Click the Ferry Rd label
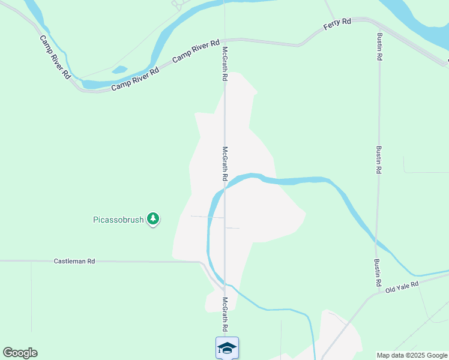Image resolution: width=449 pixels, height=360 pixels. (337, 22)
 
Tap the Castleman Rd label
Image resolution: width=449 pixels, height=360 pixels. (74, 261)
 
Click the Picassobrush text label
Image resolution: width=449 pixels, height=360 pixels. (118, 220)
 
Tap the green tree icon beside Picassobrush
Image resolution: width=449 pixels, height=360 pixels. (154, 218)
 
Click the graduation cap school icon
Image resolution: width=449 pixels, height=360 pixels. (227, 348)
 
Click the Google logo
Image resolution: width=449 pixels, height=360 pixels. (20, 353)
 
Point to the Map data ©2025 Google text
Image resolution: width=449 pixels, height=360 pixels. (412, 355)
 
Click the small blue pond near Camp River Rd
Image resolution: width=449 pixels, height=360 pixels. (119, 69)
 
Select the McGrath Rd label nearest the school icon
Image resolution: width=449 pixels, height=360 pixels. (225, 315)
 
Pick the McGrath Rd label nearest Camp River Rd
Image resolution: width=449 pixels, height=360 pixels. (225, 64)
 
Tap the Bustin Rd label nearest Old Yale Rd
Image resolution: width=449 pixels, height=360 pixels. (378, 272)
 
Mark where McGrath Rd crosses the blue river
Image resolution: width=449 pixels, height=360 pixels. (225, 187)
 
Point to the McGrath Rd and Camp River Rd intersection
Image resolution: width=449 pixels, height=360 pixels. (225, 40)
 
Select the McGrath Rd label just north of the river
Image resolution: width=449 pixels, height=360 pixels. (225, 164)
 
